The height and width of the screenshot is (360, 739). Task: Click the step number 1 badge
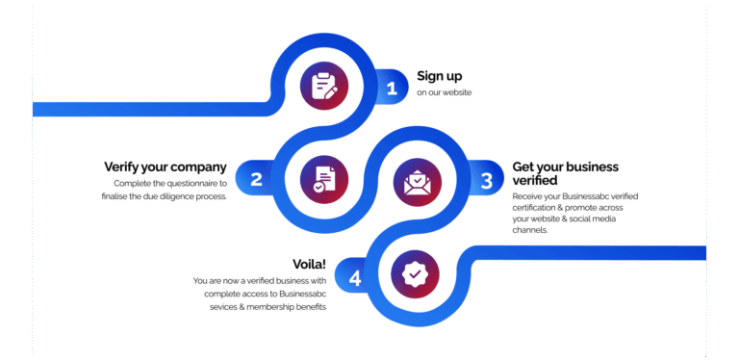point(391,89)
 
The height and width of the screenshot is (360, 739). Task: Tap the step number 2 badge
point(256,179)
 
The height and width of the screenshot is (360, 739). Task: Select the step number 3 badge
point(487,180)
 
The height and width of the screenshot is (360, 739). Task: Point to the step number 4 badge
point(355,278)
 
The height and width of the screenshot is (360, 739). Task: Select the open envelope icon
point(417,180)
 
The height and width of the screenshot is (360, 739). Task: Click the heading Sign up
point(440,76)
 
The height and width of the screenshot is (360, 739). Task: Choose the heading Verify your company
point(166,167)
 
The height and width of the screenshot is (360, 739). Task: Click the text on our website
point(445,93)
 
